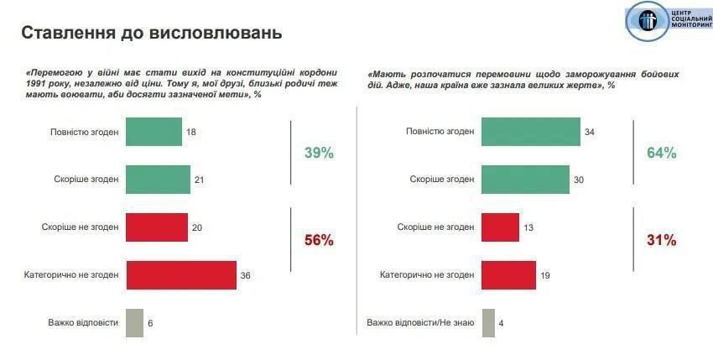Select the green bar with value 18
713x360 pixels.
pyautogui.click(x=154, y=132)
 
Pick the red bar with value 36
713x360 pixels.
pyautogui.click(x=180, y=274)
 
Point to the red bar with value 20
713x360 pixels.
pyautogui.click(x=156, y=227)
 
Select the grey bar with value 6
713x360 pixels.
pyautogui.click(x=134, y=323)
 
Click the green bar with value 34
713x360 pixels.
pyautogui.click(x=531, y=132)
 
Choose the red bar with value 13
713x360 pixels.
pyautogui.click(x=500, y=227)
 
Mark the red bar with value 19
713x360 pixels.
pyautogui.click(x=508, y=274)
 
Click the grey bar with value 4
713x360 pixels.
pyautogui.click(x=488, y=323)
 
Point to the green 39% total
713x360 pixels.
pyautogui.click(x=319, y=154)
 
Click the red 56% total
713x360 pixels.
pyautogui.click(x=319, y=241)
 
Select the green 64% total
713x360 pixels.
pyautogui.click(x=661, y=154)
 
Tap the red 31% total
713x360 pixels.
pyautogui.click(x=661, y=241)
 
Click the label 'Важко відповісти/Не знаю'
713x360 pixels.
pyautogui.click(x=420, y=323)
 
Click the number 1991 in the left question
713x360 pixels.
pyautogui.click(x=39, y=85)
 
